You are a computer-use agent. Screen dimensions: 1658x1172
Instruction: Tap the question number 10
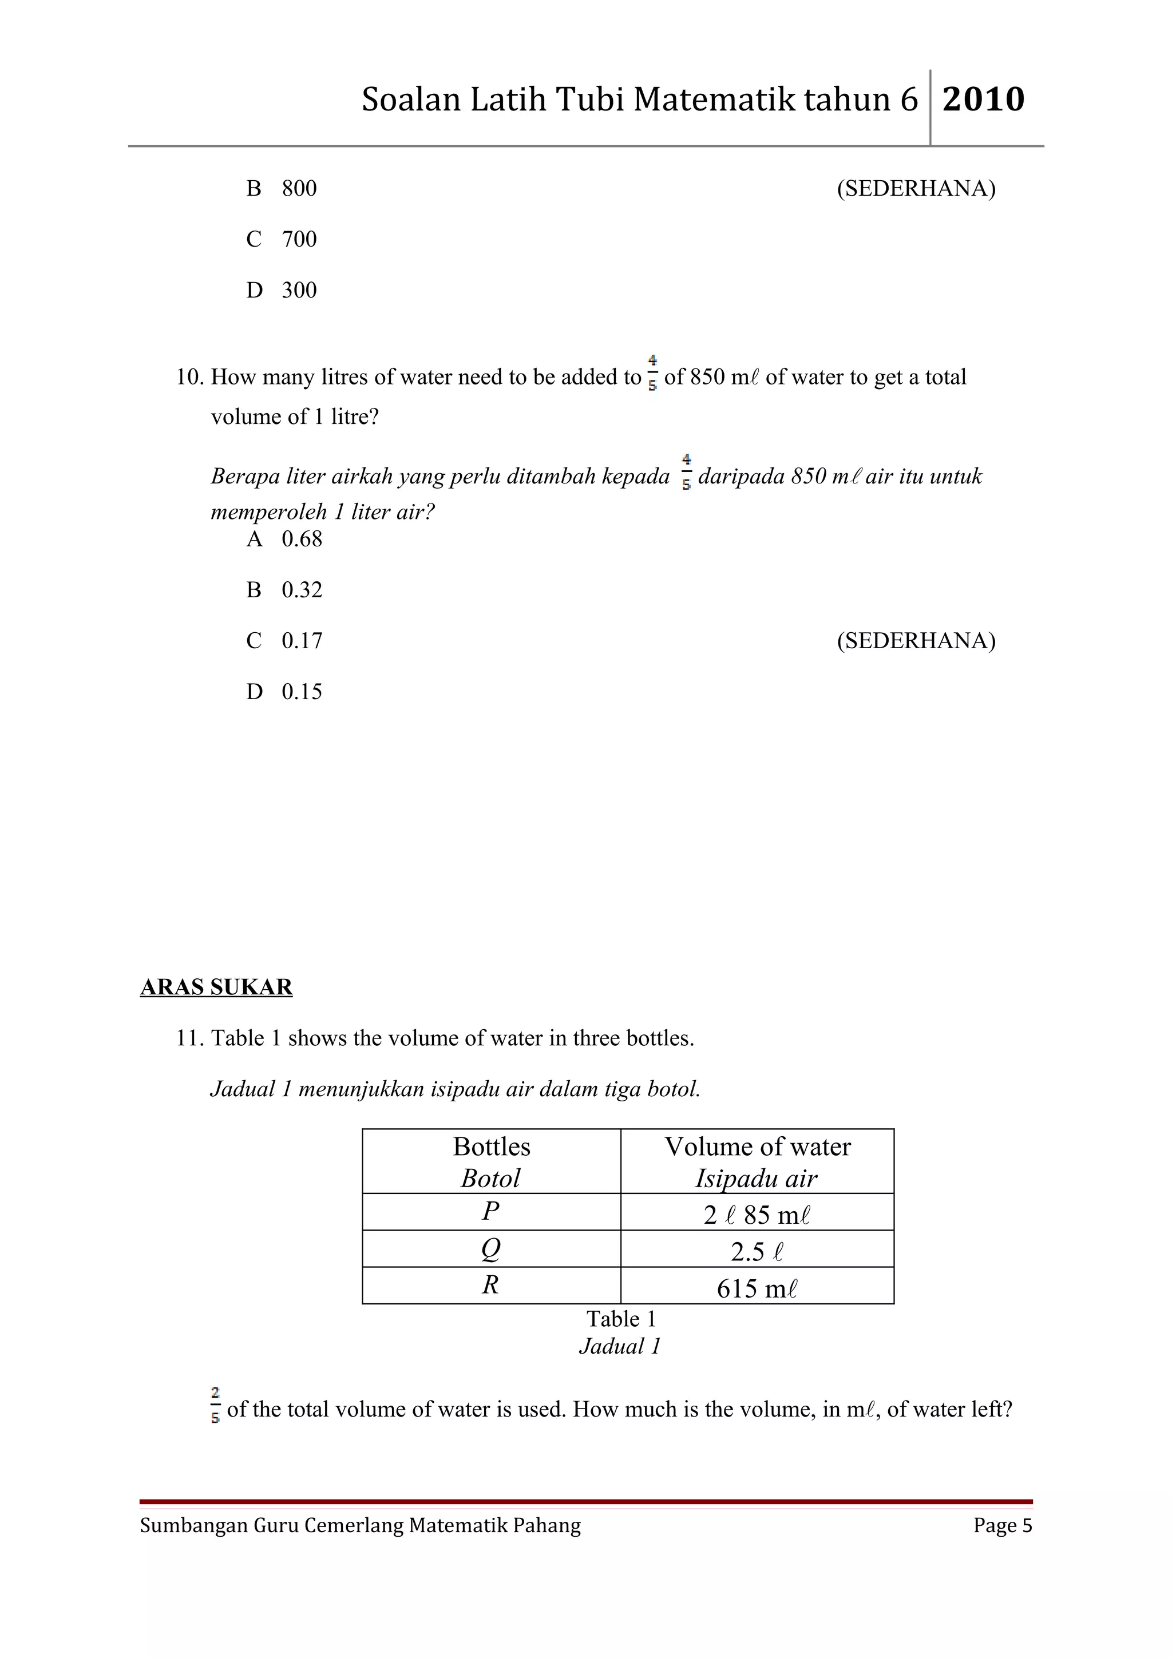(189, 377)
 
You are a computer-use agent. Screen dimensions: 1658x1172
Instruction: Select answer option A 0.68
(284, 540)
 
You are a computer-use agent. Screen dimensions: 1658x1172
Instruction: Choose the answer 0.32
(302, 590)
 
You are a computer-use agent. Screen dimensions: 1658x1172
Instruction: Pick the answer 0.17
(302, 641)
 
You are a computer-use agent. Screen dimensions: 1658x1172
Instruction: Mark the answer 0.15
(302, 692)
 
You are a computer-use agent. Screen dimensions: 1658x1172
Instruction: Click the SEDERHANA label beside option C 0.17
(916, 641)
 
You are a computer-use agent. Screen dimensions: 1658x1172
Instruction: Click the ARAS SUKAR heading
(216, 987)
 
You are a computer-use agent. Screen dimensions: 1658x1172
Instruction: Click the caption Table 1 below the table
(621, 1319)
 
